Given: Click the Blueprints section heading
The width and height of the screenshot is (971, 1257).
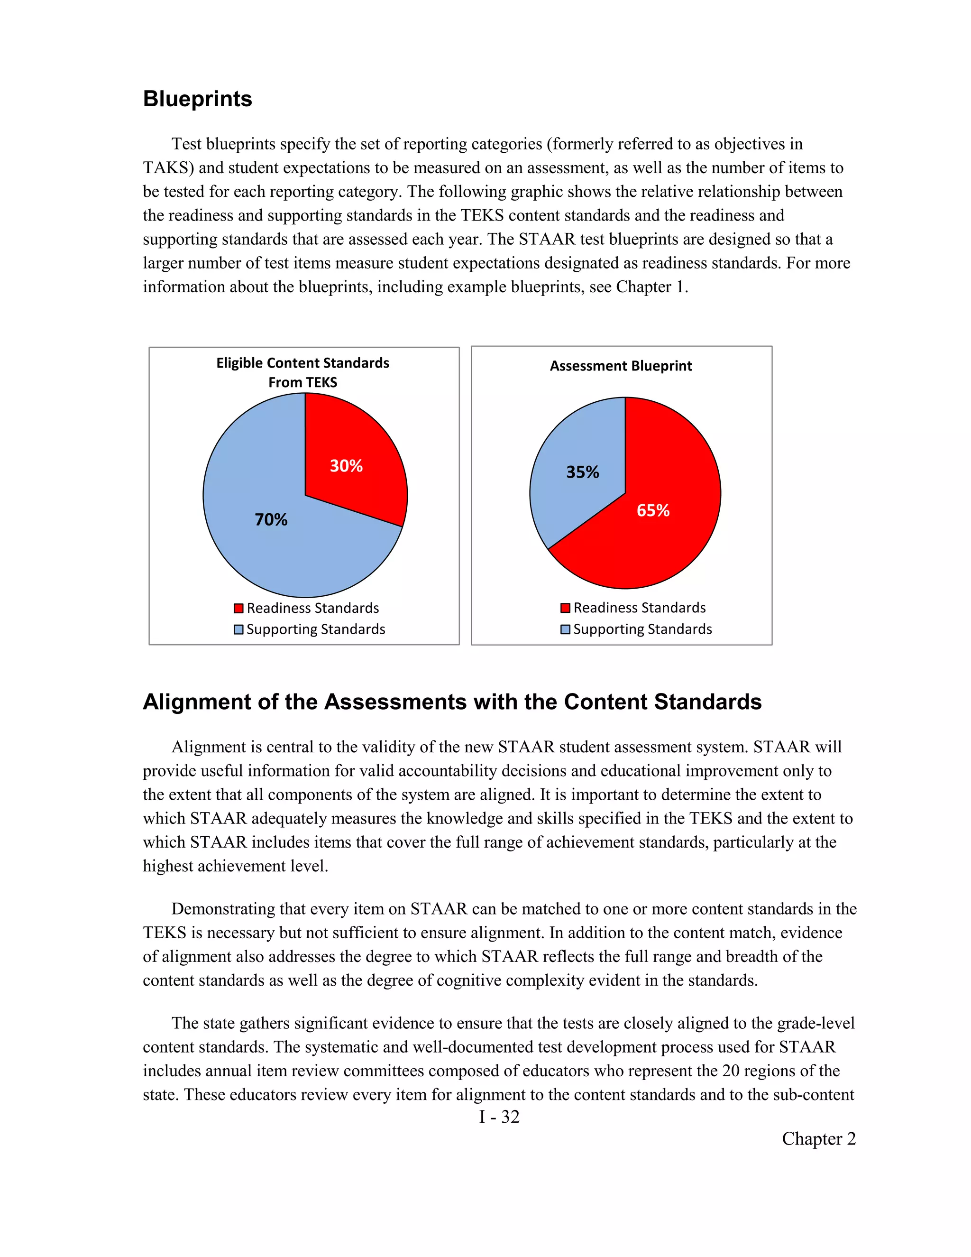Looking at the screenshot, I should (x=197, y=99).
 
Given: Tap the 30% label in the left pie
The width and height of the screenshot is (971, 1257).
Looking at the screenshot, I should (x=346, y=466).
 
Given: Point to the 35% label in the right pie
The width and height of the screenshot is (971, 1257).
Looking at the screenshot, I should (x=582, y=472).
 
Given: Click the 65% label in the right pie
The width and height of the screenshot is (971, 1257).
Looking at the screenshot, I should (x=653, y=510).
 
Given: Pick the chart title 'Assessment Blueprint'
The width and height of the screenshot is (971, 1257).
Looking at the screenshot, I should (x=621, y=366).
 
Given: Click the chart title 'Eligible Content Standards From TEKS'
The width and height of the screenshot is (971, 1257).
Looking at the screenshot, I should (x=302, y=372).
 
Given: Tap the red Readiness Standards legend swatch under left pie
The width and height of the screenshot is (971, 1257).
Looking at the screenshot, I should (x=239, y=609).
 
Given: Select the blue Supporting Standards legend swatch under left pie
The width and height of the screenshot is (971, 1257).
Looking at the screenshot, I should (x=239, y=629).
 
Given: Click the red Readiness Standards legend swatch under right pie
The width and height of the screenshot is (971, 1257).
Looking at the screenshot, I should (x=566, y=608).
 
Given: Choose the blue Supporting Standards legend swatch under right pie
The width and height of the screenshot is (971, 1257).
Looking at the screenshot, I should (x=566, y=629).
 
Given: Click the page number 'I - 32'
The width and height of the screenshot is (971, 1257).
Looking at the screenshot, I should (x=499, y=1117).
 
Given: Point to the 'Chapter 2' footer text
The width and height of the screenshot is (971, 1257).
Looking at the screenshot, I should (x=818, y=1138).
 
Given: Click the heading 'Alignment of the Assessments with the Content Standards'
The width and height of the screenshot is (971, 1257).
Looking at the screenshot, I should (x=452, y=702).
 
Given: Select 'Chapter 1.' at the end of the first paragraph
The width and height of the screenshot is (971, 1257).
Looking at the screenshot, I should (x=652, y=287).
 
